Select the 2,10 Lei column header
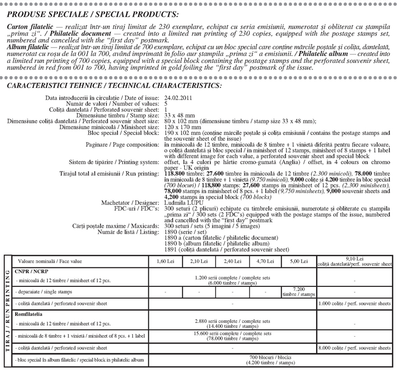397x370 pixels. (198, 261)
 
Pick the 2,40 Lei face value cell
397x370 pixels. (232, 261)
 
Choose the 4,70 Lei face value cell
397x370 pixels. (265, 261)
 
